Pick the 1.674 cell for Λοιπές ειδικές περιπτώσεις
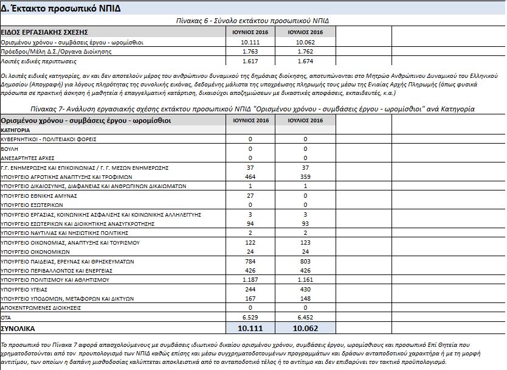pyautogui.click(x=306, y=61)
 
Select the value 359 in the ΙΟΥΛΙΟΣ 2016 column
pyautogui.click(x=306, y=176)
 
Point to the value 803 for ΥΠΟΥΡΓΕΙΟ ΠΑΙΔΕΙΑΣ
pyautogui.click(x=306, y=261)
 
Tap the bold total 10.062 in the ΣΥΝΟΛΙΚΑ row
pyautogui.click(x=306, y=329)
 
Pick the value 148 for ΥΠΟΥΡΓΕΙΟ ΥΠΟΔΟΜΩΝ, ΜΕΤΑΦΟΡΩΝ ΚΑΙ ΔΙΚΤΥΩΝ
pyautogui.click(x=306, y=299)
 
